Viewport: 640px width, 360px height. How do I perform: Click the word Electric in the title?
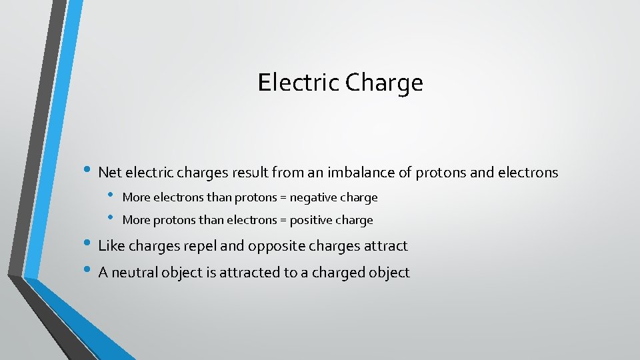[299, 83]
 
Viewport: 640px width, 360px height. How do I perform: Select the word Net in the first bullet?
[109, 173]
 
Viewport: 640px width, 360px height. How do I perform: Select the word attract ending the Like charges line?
[385, 246]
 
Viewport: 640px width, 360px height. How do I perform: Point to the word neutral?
[137, 272]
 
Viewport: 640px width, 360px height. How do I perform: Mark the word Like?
[111, 246]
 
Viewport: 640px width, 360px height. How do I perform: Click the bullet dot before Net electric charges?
[89, 171]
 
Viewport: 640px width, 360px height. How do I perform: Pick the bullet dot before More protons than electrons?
[112, 219]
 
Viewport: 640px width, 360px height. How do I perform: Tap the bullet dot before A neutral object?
[89, 271]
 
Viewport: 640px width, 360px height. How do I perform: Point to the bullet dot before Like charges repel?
[89, 245]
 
